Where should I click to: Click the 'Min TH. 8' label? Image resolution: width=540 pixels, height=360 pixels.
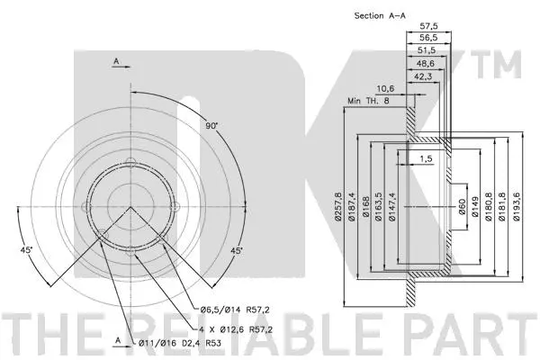click(368, 102)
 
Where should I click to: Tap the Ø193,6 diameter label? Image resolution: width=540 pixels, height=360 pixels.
click(516, 207)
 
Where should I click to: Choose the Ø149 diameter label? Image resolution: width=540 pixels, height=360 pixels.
click(475, 207)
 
